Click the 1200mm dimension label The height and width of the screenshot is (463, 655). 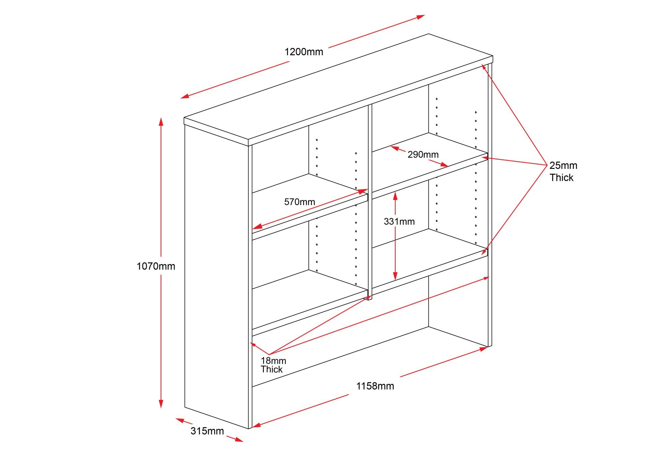click(x=304, y=52)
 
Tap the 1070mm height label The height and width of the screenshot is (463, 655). click(x=156, y=266)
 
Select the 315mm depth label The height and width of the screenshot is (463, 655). click(x=207, y=431)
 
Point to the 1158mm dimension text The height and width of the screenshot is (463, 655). click(x=375, y=386)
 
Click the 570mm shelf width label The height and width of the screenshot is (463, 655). click(x=300, y=202)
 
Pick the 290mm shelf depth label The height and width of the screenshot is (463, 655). click(x=423, y=155)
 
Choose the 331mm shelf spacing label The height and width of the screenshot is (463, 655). click(x=399, y=221)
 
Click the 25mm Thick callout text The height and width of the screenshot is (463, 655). click(x=563, y=171)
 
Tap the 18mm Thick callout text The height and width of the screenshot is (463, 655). click(x=273, y=365)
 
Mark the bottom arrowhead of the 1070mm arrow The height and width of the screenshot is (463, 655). click(x=161, y=405)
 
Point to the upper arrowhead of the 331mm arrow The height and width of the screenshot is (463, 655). click(x=395, y=194)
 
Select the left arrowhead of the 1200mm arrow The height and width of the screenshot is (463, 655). click(x=184, y=97)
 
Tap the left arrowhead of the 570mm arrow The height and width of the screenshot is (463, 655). click(x=256, y=227)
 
